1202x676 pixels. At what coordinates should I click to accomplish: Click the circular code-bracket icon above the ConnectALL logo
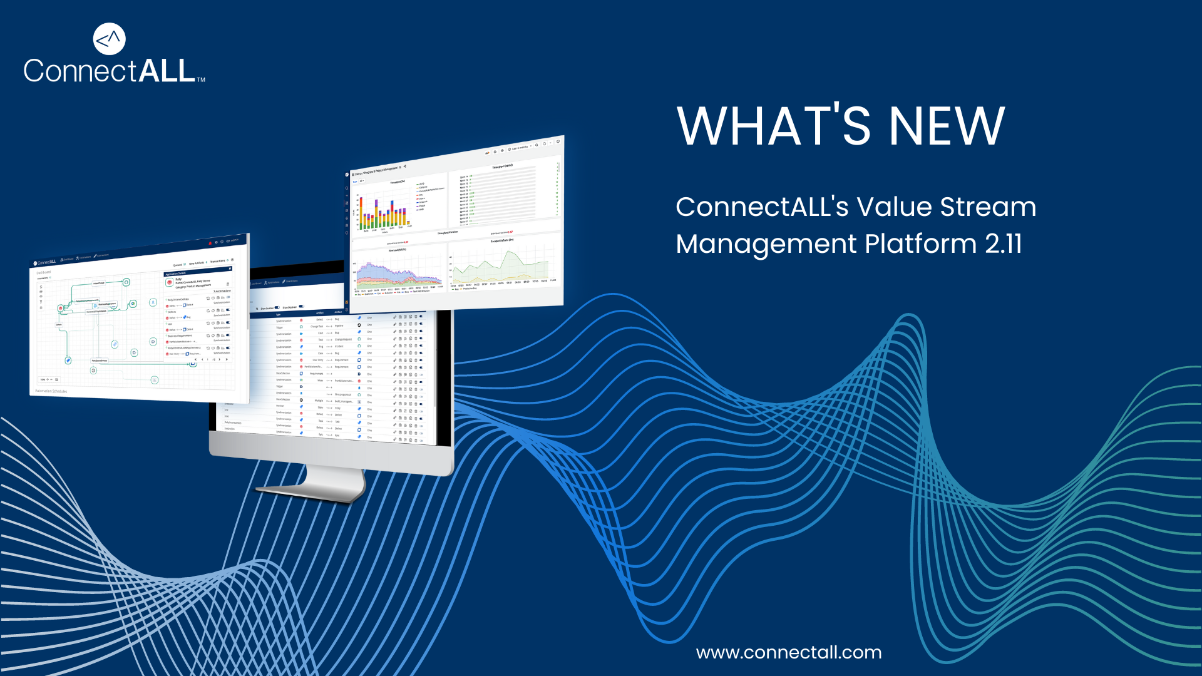(109, 39)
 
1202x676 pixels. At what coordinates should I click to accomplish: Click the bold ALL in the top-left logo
(167, 71)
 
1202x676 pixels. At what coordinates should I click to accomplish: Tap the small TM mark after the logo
(201, 80)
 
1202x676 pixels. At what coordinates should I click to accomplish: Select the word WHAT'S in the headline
(774, 127)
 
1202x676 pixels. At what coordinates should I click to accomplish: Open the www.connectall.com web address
(788, 653)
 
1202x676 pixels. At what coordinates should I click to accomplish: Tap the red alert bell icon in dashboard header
(210, 243)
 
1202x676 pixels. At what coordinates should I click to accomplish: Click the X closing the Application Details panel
(230, 269)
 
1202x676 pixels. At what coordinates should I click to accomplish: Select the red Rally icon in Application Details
(170, 283)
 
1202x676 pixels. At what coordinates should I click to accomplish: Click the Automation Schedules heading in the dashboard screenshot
(51, 391)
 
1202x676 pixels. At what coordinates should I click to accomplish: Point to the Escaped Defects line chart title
(502, 240)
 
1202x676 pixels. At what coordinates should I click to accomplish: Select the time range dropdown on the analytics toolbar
(520, 148)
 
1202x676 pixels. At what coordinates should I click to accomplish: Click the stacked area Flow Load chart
(398, 272)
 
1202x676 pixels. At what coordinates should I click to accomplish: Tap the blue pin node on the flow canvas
(68, 361)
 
